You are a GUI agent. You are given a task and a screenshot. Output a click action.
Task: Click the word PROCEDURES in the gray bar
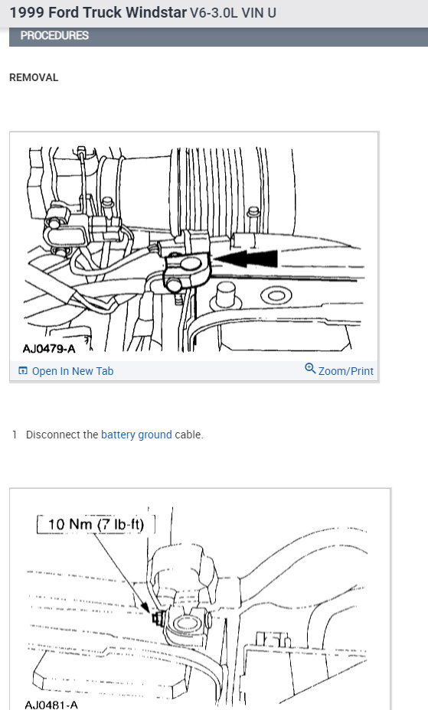(x=54, y=35)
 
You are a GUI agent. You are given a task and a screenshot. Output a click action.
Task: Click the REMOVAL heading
(x=34, y=77)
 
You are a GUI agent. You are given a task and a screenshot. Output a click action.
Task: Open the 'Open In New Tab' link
(x=72, y=371)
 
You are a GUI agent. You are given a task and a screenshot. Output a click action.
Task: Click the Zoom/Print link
(x=345, y=371)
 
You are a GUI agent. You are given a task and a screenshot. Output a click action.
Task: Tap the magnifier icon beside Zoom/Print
(x=310, y=370)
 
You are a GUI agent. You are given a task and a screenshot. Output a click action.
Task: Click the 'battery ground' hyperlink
(x=136, y=435)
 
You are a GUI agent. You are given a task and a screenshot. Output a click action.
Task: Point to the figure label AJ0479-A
(x=50, y=350)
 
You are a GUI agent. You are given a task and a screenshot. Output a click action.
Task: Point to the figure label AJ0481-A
(x=51, y=704)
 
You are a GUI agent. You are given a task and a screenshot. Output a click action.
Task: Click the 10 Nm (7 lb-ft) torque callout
(x=96, y=524)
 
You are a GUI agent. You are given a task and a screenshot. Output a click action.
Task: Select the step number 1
(x=15, y=435)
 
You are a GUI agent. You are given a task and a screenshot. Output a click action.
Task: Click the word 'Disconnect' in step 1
(x=51, y=435)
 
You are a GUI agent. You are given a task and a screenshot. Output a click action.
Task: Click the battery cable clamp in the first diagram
(x=187, y=269)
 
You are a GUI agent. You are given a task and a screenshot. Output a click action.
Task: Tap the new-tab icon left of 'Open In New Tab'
(x=22, y=371)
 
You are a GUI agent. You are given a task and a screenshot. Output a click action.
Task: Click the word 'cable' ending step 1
(x=188, y=435)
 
